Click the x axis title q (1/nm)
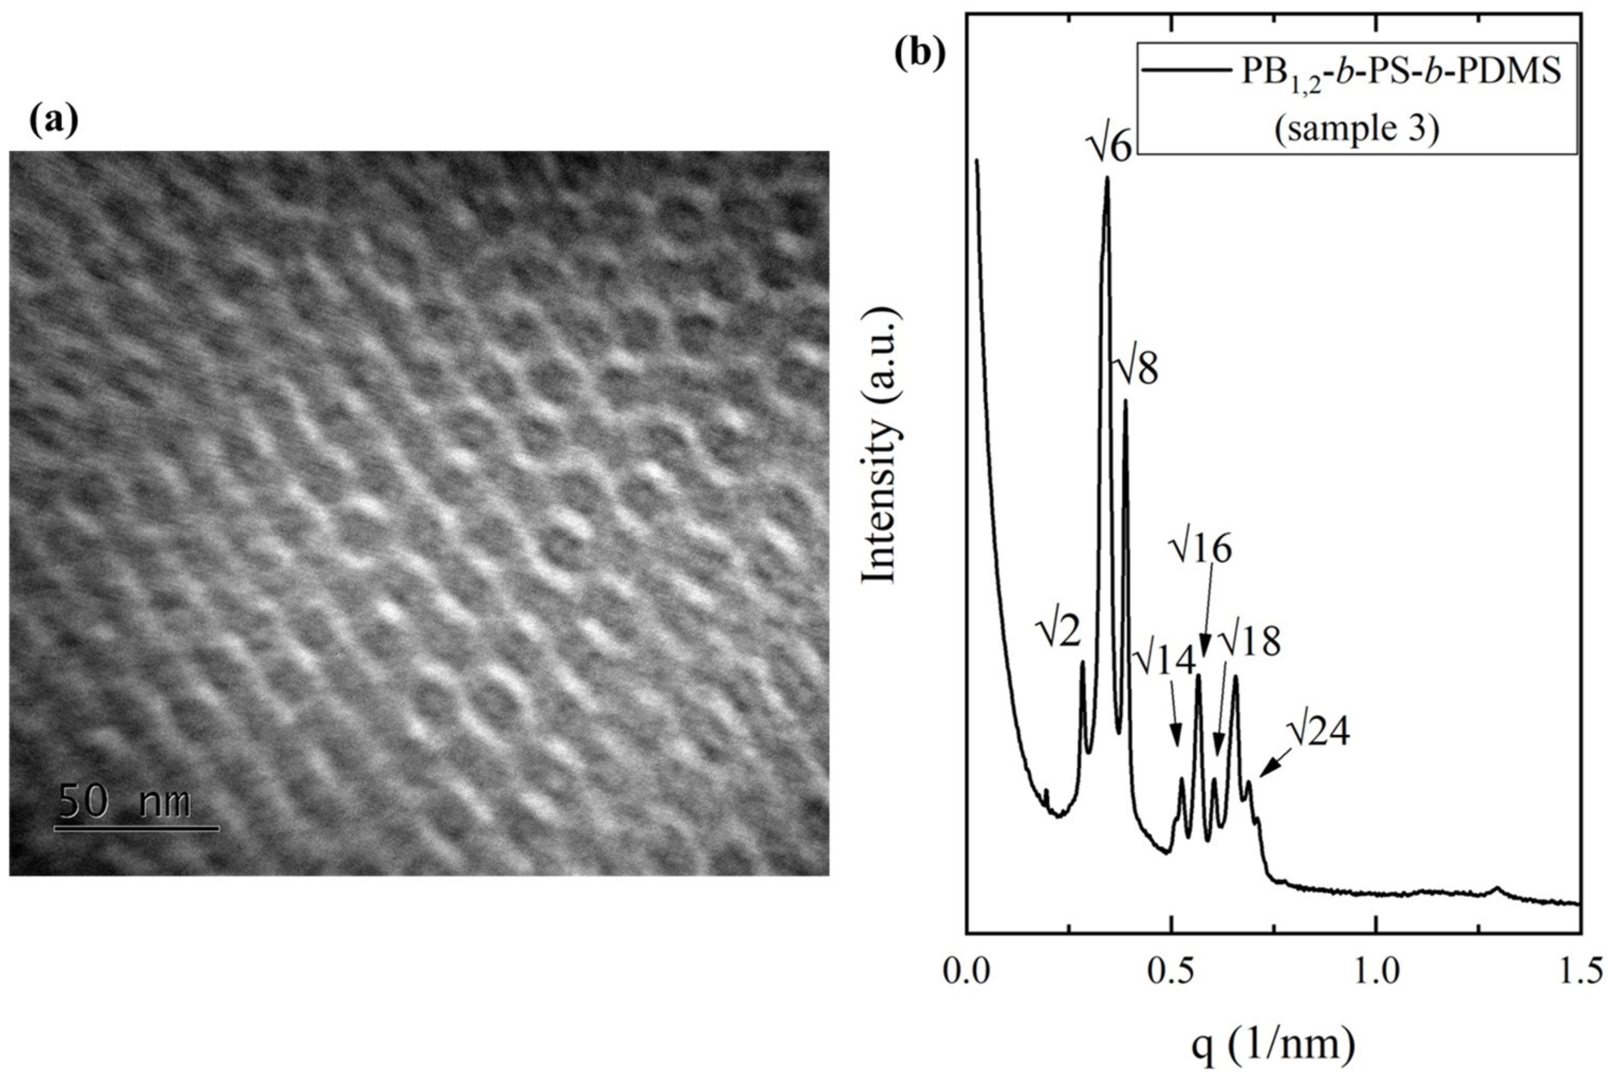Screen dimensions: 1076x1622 [1273, 1046]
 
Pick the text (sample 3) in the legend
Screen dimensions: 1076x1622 [1356, 128]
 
